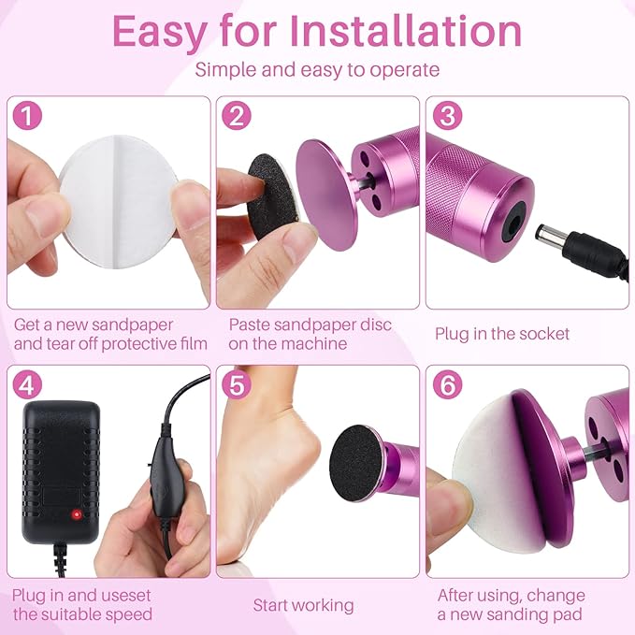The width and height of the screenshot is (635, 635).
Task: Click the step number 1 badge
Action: coord(30,117)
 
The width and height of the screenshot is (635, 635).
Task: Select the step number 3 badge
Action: coord(448,117)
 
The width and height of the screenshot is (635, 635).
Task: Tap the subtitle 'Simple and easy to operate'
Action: coord(317,70)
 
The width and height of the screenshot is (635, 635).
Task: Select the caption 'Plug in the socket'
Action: coord(502,333)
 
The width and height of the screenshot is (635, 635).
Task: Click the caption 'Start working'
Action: coord(303,605)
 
